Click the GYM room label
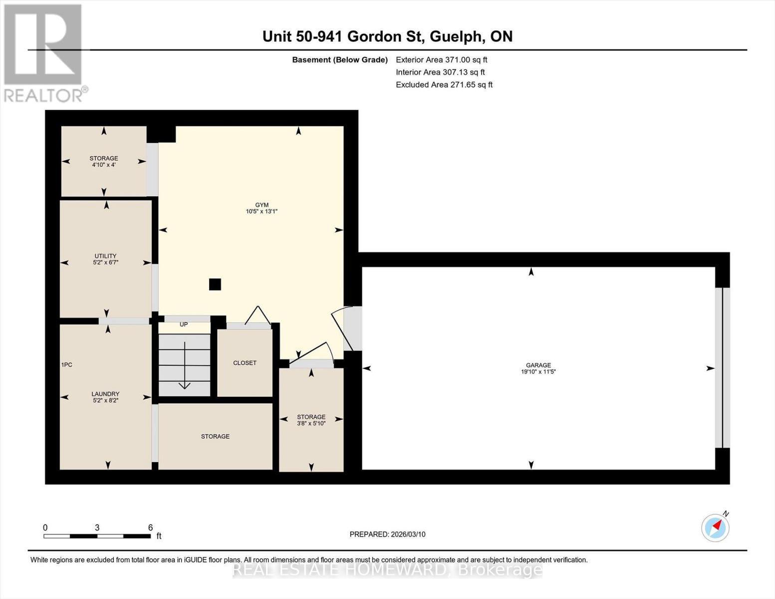261,205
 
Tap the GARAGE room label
538,365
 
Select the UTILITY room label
105,256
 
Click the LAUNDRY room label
105,394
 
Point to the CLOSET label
245,363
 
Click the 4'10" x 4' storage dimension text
104,165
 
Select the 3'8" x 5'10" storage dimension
311,423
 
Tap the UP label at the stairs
184,324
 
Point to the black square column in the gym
215,284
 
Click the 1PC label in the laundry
67,365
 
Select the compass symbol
715,527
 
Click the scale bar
97,536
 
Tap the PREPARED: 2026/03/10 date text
387,534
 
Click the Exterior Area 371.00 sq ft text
441,59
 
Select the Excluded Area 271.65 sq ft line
444,84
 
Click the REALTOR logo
43,52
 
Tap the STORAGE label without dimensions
215,436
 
